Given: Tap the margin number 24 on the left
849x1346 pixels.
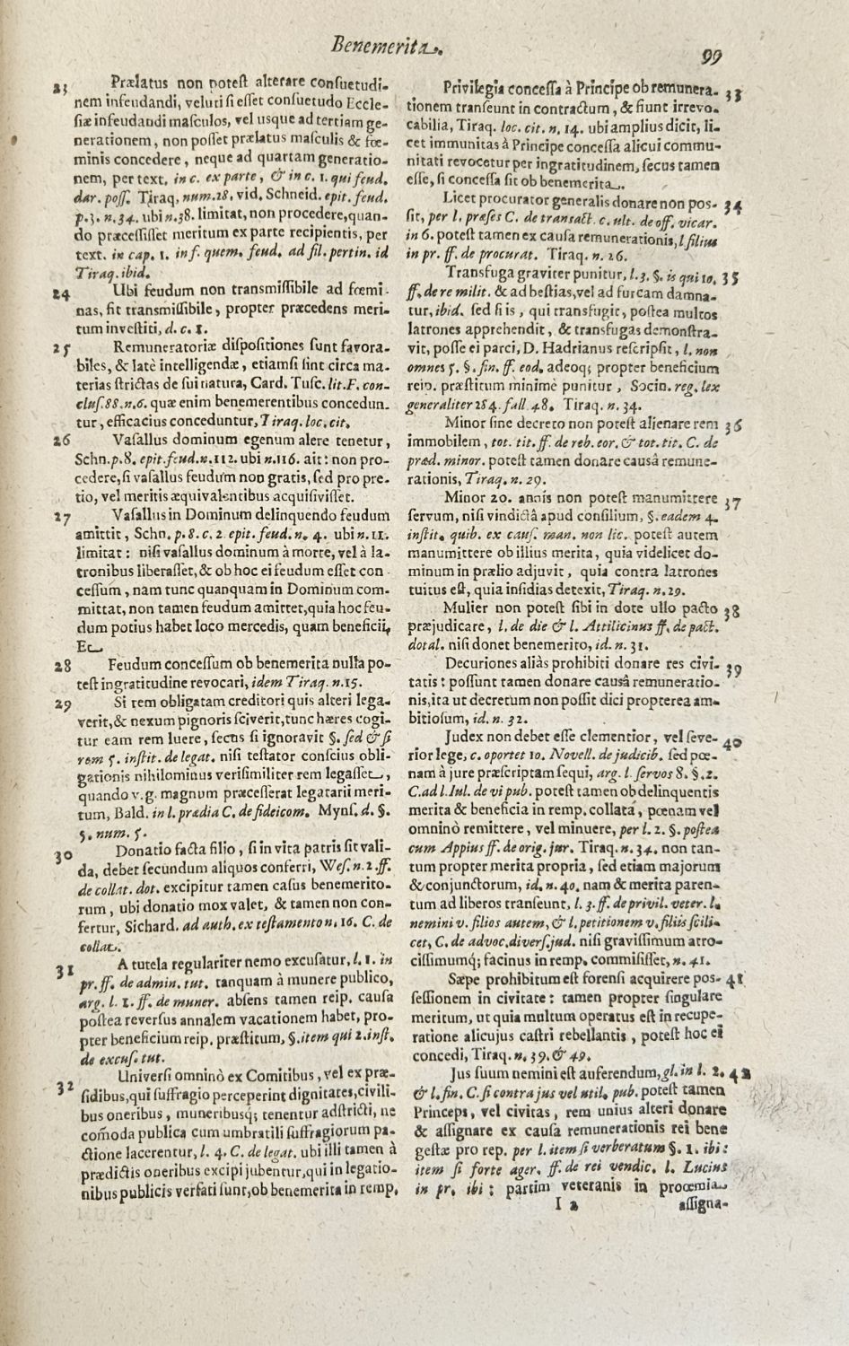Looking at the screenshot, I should pyautogui.click(x=62, y=293).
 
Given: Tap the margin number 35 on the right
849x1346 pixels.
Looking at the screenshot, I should pyautogui.click(x=732, y=278).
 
